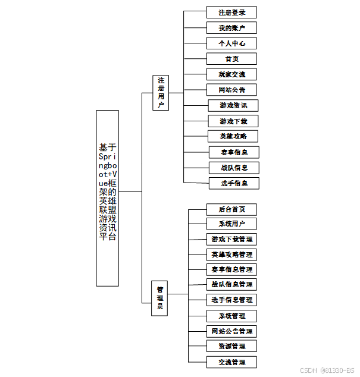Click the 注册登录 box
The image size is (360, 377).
pyautogui.click(x=231, y=12)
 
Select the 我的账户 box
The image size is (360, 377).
pyautogui.click(x=231, y=28)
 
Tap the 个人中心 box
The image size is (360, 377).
pyautogui.click(x=231, y=43)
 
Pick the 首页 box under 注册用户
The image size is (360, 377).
pyautogui.click(x=231, y=59)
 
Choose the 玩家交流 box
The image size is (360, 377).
pyautogui.click(x=231, y=74)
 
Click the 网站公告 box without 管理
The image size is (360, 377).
pyautogui.click(x=231, y=90)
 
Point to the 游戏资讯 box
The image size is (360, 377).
pyautogui.click(x=233, y=106)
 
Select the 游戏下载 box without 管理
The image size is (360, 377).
pyautogui.click(x=233, y=121)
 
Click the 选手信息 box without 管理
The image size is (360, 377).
pyautogui.click(x=234, y=183)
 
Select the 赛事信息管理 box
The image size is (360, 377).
pyautogui.click(x=231, y=270)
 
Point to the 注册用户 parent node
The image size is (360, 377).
pyautogui.click(x=161, y=93)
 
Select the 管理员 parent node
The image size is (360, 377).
pyautogui.click(x=159, y=298)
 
